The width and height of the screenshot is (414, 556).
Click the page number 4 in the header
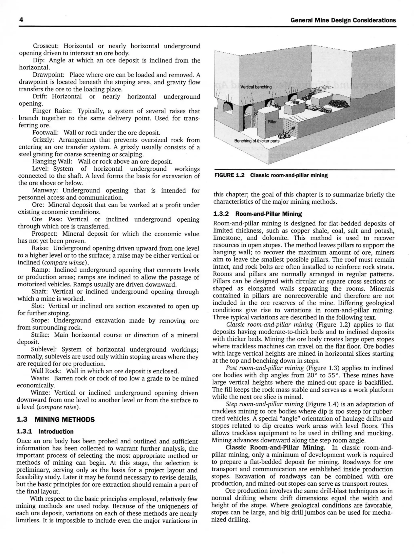click(21, 20)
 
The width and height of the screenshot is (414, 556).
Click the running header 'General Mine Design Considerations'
click(343, 20)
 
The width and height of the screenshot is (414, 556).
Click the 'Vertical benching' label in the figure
click(256, 87)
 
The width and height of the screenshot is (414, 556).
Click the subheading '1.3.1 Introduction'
click(45, 432)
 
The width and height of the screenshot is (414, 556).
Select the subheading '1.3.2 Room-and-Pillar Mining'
click(257, 214)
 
